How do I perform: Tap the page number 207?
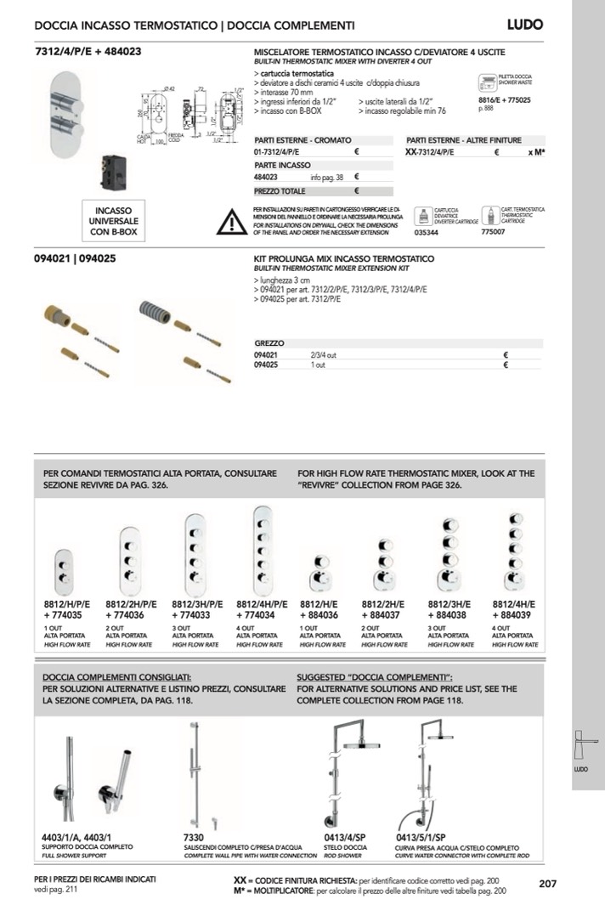548,884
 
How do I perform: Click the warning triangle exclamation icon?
229,222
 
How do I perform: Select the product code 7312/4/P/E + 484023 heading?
88,52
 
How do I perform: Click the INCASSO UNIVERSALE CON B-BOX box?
117,219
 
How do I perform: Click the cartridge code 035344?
425,232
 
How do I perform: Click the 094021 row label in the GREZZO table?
267,354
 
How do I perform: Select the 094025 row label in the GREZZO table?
267,365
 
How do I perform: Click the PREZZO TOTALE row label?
280,191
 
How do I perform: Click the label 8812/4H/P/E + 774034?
263,609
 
